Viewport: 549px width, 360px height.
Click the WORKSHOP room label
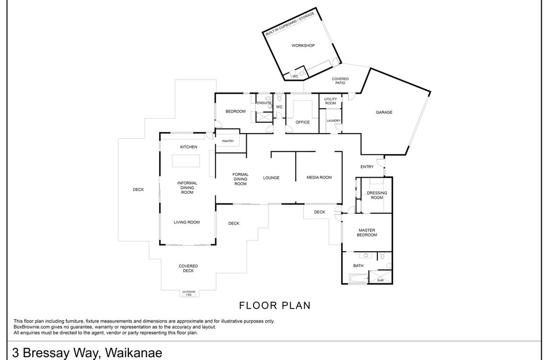[x=303, y=45]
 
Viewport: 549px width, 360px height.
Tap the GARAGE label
[x=384, y=112]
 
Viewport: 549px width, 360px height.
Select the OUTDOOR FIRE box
[x=189, y=293]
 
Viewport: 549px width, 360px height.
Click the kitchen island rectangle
[x=186, y=161]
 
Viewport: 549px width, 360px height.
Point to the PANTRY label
[x=228, y=141]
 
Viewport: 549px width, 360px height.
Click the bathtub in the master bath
[x=358, y=279]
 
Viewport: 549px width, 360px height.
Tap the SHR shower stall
[x=381, y=277]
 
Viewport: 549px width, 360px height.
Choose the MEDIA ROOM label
[x=319, y=177]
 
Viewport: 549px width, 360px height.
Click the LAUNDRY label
[x=334, y=121]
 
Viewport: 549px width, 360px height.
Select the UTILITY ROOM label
[x=331, y=101]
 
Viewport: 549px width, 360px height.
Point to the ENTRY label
[x=367, y=167]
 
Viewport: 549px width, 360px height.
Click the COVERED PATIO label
[x=340, y=81]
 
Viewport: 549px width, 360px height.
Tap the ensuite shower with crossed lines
[x=264, y=117]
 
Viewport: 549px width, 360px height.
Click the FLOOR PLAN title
[x=275, y=306]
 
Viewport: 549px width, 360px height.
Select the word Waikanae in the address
[x=134, y=353]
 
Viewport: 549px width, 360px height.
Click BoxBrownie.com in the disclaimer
[x=32, y=327]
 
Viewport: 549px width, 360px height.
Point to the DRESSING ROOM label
[x=377, y=195]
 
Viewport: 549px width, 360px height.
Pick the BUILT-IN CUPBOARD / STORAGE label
[x=290, y=24]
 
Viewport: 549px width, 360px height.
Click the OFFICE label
[x=303, y=122]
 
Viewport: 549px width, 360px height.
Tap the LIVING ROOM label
[x=187, y=222]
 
